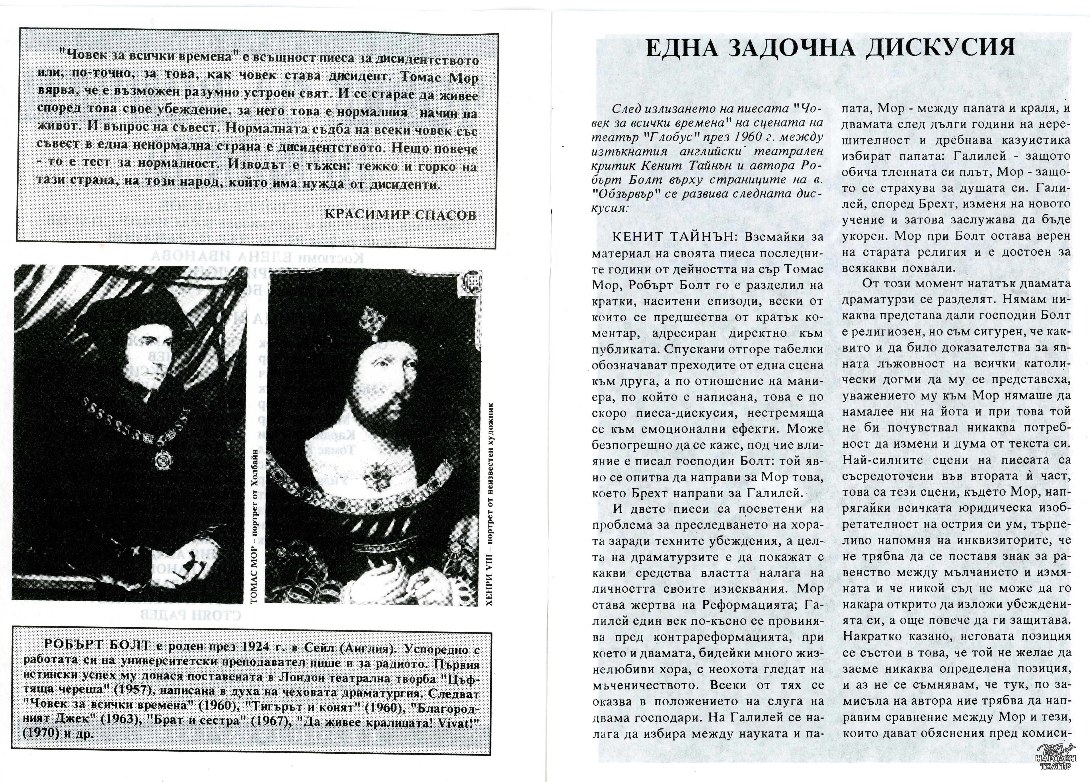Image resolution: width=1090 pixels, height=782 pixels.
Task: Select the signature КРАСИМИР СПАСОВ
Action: pos(400,214)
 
